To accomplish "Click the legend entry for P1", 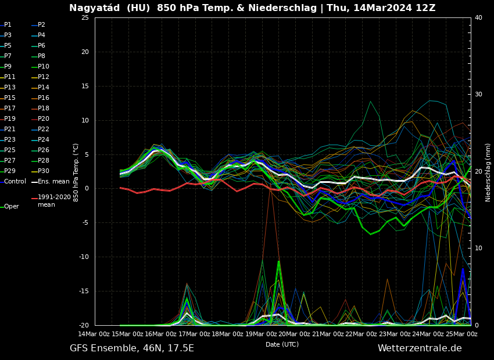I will click(8, 25).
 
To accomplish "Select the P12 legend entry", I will click(44, 77).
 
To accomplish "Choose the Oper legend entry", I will click(11, 207).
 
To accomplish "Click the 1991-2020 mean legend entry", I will click(54, 201).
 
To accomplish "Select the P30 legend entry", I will click(44, 171).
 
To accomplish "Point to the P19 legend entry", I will click(10, 119).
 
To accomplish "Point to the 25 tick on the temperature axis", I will click(85, 17).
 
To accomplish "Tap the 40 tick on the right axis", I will click(478, 17).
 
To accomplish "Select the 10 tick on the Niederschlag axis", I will click(478, 249).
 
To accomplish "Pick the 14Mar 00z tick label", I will click(94, 334).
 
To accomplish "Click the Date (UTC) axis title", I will click(282, 344).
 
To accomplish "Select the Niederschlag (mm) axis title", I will click(488, 172).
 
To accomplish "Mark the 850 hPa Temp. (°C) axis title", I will click(76, 172).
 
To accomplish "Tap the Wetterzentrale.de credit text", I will click(420, 348).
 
